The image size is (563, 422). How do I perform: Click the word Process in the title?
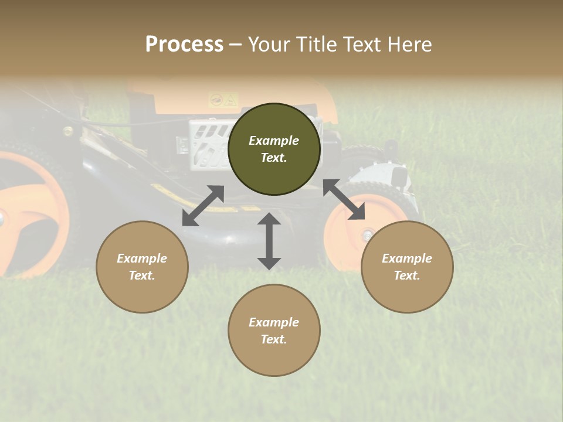tap(184, 45)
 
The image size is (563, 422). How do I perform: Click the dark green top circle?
tap(274, 149)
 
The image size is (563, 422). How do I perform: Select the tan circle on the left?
tap(142, 267)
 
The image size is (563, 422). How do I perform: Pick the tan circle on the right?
tap(407, 267)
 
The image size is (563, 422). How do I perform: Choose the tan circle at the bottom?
tap(274, 330)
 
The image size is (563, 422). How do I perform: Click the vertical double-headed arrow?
tap(269, 241)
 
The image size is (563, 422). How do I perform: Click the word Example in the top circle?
tap(274, 141)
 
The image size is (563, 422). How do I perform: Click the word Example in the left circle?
tap(142, 258)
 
